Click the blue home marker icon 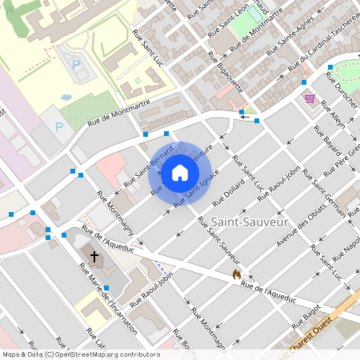pos(180,172)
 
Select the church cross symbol pos(94,257)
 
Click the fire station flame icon pos(236,274)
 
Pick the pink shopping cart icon pos(310,98)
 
